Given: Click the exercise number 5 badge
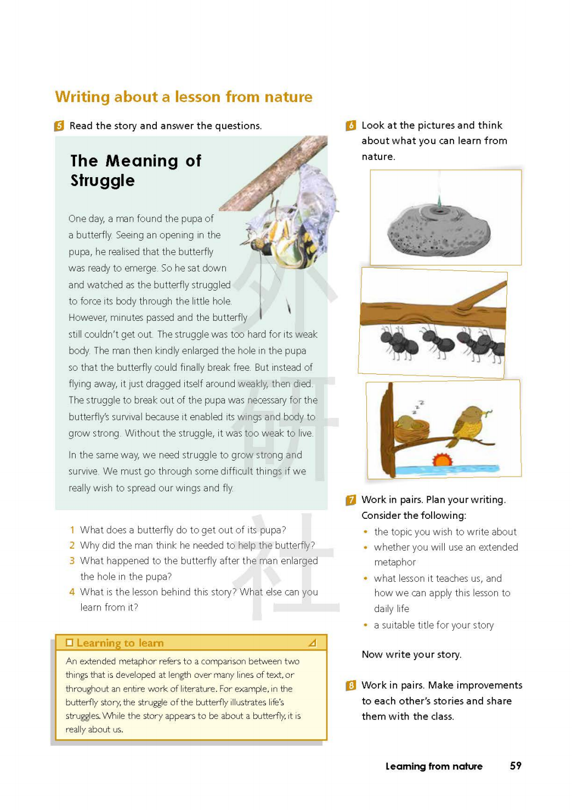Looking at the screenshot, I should click(x=59, y=126).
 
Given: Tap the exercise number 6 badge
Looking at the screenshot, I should click(x=351, y=126).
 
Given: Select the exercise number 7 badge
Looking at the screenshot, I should click(x=351, y=500).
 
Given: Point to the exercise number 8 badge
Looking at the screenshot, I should click(x=351, y=686).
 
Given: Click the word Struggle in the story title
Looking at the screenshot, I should click(x=103, y=180).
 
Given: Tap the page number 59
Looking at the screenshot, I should click(x=516, y=766).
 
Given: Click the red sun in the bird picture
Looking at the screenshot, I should click(x=442, y=460).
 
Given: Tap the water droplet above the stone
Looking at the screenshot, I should click(x=438, y=198).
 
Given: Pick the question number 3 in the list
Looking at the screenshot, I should click(x=72, y=561).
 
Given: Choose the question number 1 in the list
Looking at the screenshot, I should click(x=72, y=530).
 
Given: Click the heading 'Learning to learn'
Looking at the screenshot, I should click(x=120, y=643).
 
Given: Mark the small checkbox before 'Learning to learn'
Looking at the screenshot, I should click(x=69, y=643).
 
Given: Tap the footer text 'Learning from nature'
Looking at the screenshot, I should click(x=434, y=766).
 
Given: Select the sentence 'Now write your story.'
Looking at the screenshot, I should click(x=411, y=654).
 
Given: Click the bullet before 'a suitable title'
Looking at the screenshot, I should click(x=365, y=625).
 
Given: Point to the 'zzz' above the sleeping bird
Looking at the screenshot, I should click(x=419, y=406).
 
